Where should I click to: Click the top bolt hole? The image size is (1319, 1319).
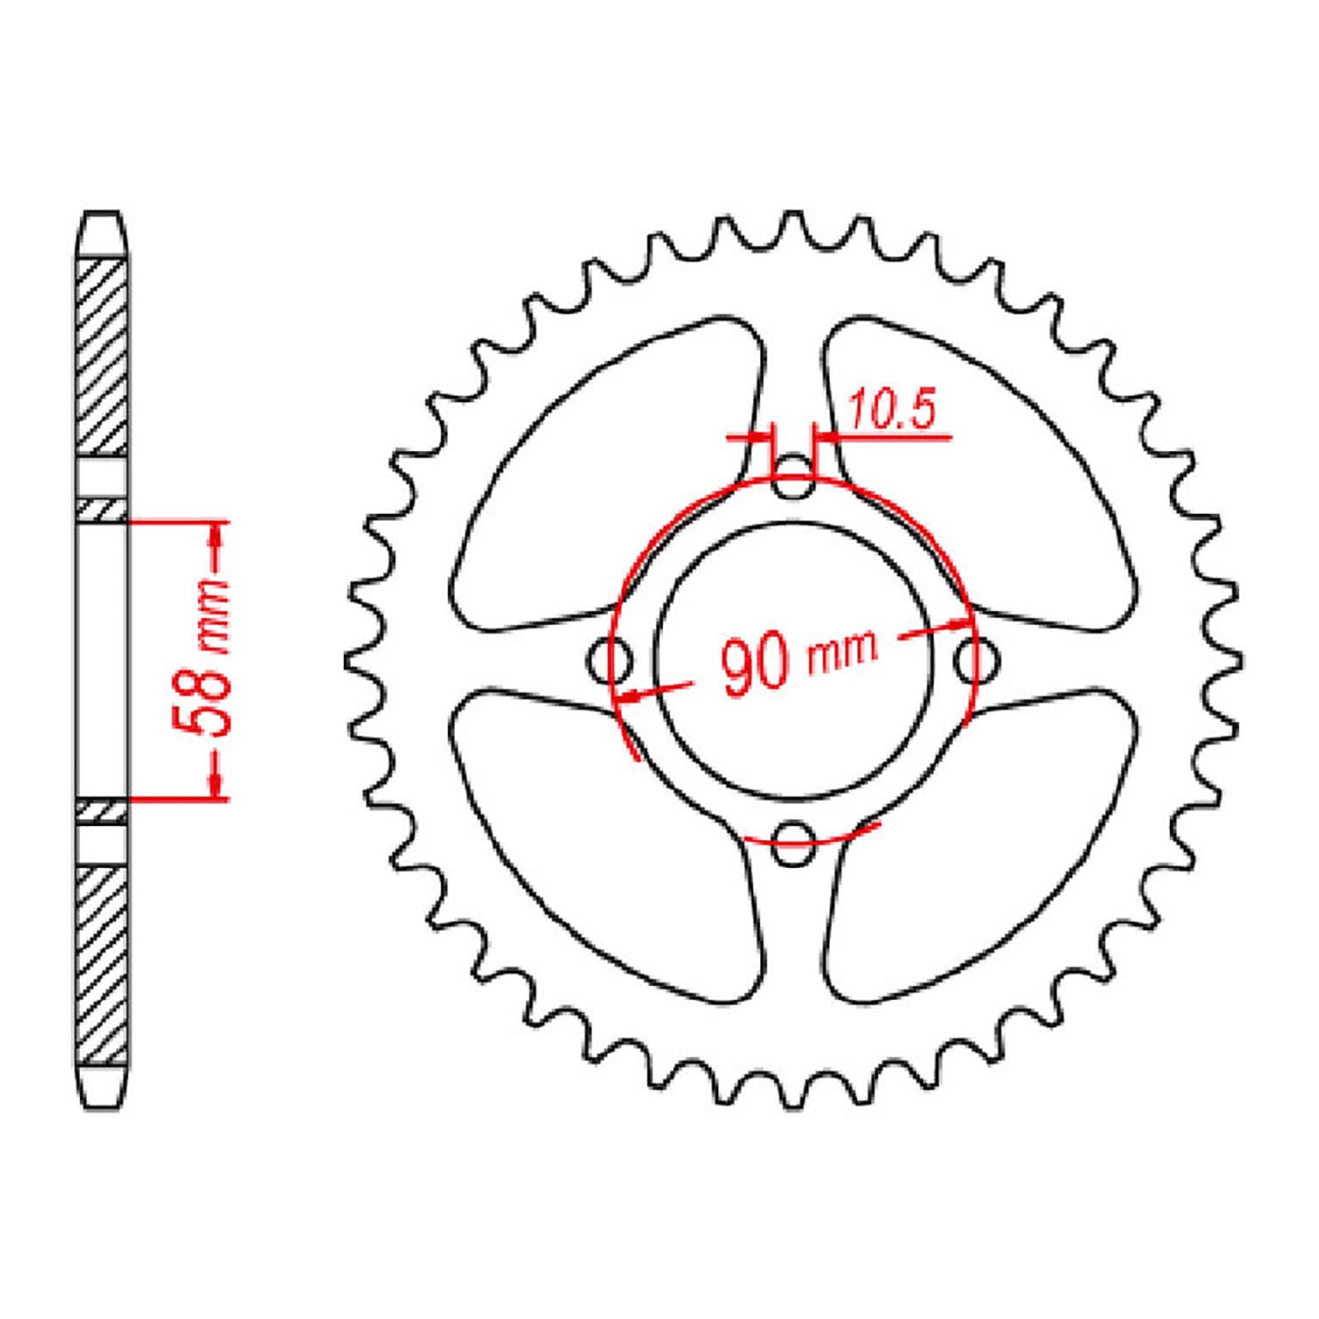pos(792,478)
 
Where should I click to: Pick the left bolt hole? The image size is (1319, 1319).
pos(610,660)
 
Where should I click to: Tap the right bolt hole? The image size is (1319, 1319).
pos(976,660)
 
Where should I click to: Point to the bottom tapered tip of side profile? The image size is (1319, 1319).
pos(103,1088)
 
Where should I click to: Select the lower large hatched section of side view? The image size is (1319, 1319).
pos(103,965)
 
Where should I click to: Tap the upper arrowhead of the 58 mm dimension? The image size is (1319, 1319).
pos(217,536)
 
